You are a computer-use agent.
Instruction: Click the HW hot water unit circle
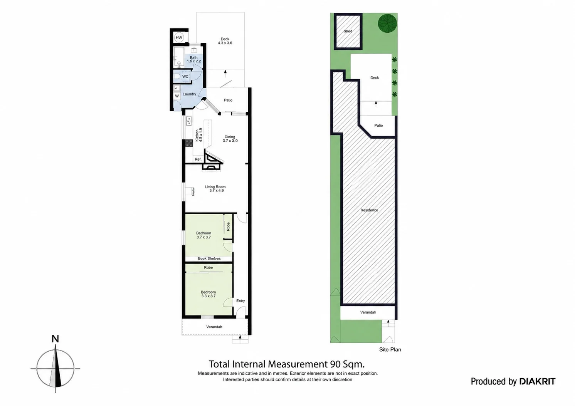pos(179,38)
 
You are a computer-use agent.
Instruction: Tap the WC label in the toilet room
pos(185,77)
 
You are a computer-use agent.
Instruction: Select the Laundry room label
pos(190,94)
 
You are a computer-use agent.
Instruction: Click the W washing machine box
pos(177,96)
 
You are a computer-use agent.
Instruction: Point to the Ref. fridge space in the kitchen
pos(198,159)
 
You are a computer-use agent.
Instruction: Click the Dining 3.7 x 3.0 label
pos(230,139)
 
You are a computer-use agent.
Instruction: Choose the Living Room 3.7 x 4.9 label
pos(215,189)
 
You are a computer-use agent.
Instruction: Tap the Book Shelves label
pos(209,258)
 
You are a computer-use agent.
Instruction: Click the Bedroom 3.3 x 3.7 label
pos(208,294)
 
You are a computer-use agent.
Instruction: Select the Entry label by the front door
pos(240,300)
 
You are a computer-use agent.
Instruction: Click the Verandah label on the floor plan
pos(214,327)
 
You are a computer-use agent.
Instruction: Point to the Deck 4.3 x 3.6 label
pos(225,41)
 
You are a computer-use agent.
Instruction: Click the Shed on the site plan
pos(348,31)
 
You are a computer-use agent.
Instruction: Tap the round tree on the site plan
pos(387,23)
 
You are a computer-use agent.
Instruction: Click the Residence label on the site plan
pos(369,210)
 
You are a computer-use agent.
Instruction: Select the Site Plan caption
pos(390,349)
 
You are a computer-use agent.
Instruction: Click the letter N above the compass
pos(55,339)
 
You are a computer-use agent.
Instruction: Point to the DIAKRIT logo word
pos(537,381)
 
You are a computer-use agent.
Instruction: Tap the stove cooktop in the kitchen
pos(189,143)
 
